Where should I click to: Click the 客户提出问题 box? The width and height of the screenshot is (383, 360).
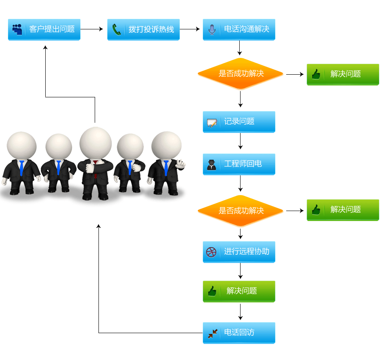click(44, 29)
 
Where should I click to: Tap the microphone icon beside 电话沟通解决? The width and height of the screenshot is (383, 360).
click(212, 30)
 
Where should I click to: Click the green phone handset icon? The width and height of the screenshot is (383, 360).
click(116, 30)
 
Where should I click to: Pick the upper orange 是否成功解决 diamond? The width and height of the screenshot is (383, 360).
click(241, 74)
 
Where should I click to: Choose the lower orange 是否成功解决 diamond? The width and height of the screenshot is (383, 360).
click(241, 211)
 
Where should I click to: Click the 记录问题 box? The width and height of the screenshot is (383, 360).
click(239, 122)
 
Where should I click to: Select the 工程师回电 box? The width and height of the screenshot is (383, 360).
click(239, 164)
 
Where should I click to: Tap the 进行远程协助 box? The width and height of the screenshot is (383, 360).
click(239, 252)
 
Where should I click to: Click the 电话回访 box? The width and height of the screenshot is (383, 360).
click(239, 333)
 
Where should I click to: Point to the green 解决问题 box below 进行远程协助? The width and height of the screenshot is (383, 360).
click(239, 291)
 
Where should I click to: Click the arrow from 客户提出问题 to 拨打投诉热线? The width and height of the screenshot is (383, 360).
click(91, 29)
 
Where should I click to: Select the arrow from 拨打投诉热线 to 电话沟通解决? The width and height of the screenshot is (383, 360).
click(189, 29)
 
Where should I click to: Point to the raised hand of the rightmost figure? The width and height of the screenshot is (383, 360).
click(181, 164)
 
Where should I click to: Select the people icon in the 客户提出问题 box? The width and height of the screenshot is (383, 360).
click(17, 29)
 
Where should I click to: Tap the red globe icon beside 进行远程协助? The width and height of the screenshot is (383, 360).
click(212, 252)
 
